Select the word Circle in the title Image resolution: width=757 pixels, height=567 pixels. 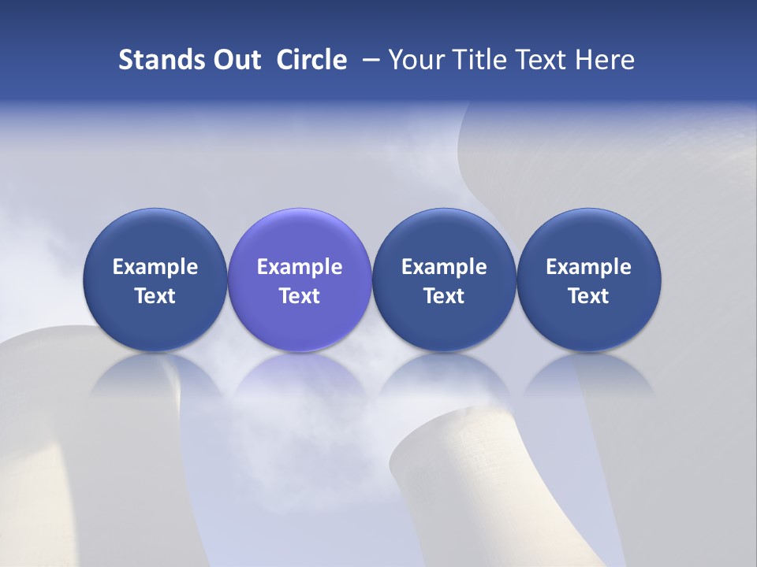point(311,60)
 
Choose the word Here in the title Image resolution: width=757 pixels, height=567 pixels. point(606,60)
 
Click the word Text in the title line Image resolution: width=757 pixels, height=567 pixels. point(541,60)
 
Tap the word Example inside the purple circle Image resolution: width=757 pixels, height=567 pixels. point(300,267)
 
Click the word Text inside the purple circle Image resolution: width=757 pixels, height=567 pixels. point(300,296)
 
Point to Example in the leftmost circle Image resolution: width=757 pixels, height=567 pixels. point(155,267)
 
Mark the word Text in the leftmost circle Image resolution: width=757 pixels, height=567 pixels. point(155,296)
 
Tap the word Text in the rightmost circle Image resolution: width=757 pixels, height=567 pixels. point(589,296)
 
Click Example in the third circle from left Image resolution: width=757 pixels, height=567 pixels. point(444,267)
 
